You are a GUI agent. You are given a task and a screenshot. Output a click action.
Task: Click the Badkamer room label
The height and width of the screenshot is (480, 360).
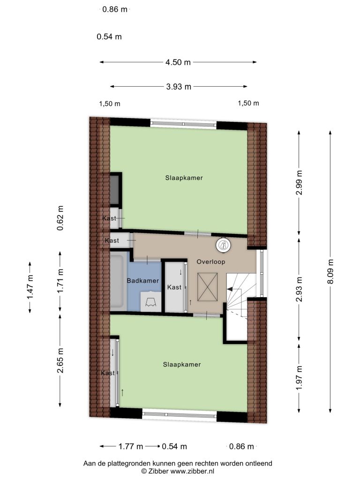143,281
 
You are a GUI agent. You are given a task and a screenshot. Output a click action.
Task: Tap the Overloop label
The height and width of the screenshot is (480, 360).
211,262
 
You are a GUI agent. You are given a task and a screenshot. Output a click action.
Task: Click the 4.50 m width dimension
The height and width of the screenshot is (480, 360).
178,62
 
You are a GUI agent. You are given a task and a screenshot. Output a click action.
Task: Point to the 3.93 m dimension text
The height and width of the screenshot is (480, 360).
179,87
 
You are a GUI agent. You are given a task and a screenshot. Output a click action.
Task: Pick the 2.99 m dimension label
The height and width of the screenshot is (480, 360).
299,183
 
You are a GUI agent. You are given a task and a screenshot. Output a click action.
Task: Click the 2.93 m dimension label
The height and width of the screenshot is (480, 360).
299,289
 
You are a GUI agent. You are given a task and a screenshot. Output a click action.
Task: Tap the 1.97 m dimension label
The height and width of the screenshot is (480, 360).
299,378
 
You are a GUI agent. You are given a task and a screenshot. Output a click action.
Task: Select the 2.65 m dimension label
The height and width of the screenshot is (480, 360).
60,360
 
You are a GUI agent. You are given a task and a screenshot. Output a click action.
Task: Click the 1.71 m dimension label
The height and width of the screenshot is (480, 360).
60,281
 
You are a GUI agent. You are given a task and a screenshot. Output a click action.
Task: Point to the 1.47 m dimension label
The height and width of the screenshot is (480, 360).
30,287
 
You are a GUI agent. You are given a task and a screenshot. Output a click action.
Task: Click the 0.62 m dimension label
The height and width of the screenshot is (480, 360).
60,218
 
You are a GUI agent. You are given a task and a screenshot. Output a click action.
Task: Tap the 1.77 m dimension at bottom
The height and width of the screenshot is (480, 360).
131,447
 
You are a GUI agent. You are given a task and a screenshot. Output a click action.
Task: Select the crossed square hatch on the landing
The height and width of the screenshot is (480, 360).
207,287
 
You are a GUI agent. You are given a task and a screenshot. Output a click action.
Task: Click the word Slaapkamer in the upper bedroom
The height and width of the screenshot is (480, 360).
184,178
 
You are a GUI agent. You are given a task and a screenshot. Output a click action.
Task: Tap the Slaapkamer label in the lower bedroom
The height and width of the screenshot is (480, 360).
182,365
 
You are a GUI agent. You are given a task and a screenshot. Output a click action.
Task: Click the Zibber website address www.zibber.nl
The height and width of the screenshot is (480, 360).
192,471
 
